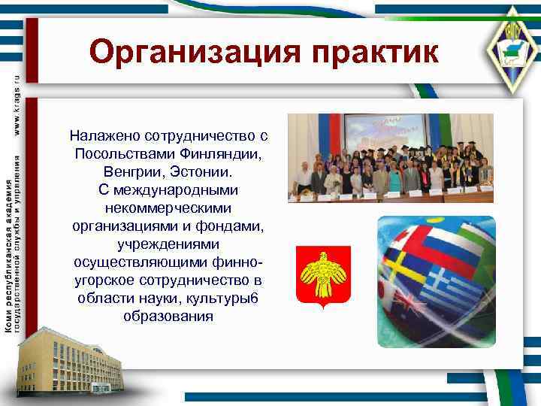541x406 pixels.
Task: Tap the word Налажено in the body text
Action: [x=103, y=135]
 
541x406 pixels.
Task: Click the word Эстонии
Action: [x=199, y=171]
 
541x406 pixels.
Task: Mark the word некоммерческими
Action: [x=168, y=208]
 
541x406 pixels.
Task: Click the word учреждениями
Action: [x=168, y=244]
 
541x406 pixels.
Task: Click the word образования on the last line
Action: [x=168, y=316]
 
